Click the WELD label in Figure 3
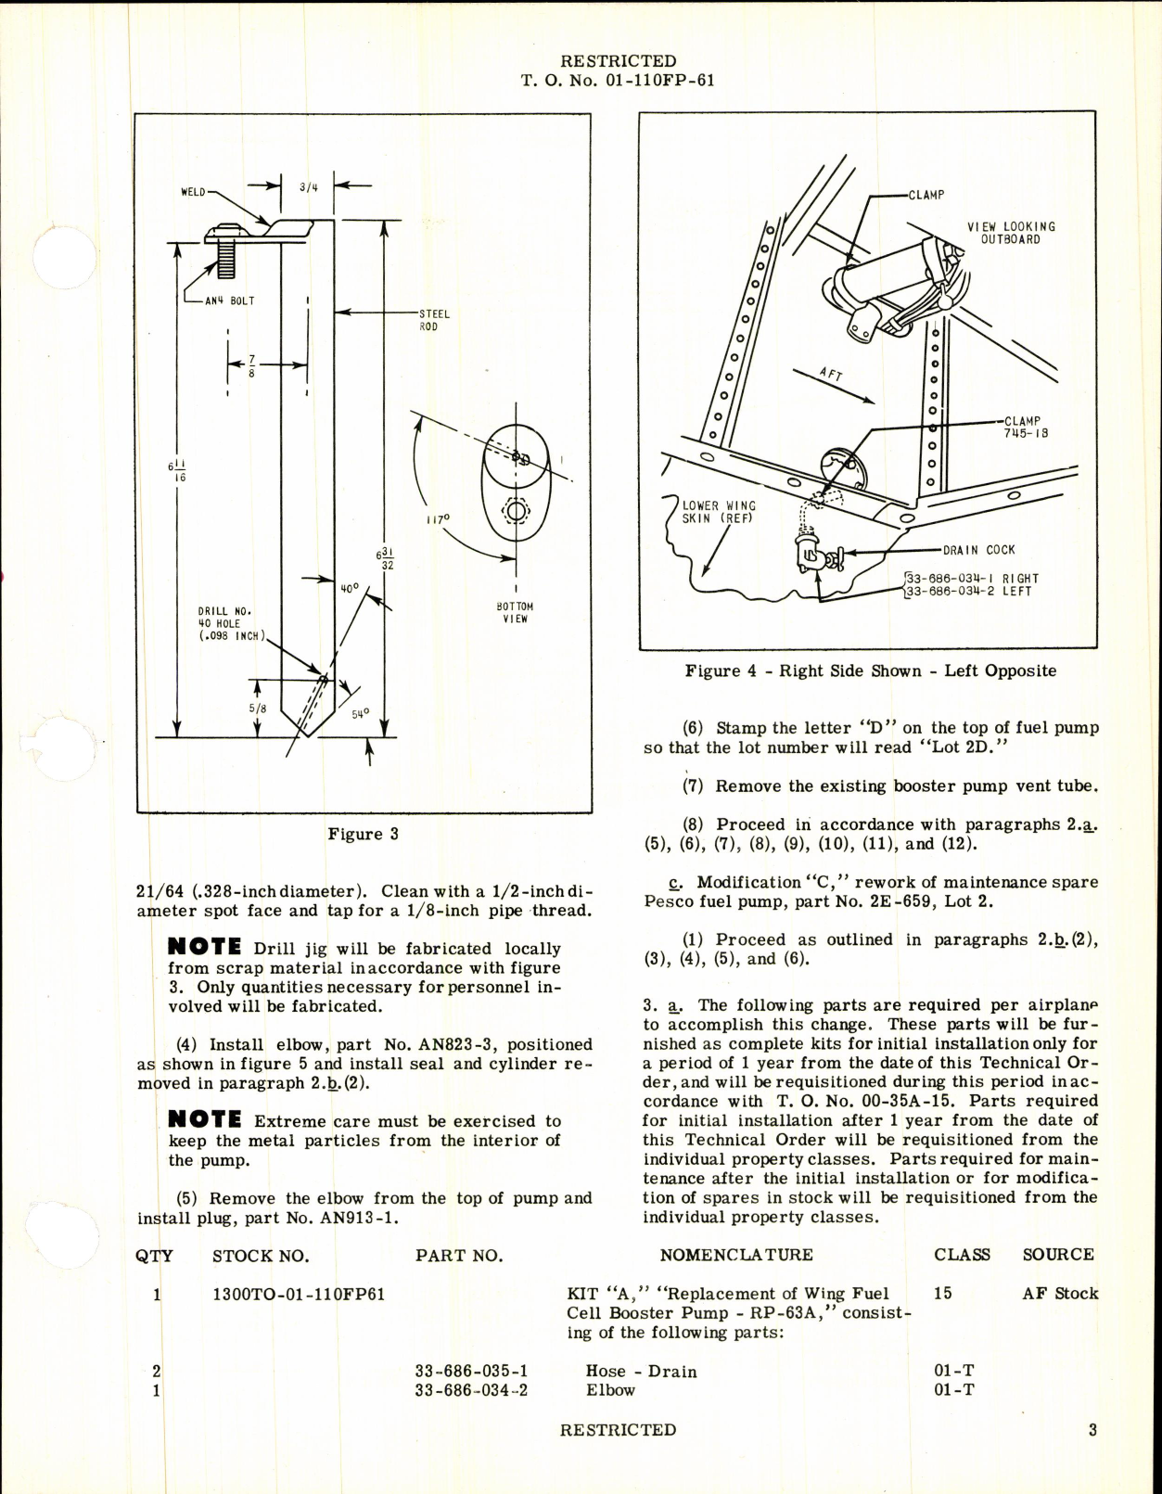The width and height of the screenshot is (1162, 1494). click(193, 192)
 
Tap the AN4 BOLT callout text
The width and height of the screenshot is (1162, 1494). click(229, 300)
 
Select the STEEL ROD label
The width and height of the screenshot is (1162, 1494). click(434, 320)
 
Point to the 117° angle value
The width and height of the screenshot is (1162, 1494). click(437, 520)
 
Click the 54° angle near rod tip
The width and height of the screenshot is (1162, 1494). click(360, 713)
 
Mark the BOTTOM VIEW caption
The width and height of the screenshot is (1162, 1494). click(516, 612)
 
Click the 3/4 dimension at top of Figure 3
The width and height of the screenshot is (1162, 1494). click(308, 186)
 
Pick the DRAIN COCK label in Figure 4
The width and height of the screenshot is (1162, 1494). click(978, 550)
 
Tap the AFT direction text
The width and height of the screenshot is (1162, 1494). click(830, 374)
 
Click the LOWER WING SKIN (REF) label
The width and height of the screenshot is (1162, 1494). click(718, 512)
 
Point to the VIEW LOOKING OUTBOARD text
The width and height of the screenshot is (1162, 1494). click(1010, 233)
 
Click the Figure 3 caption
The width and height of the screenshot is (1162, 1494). click(363, 834)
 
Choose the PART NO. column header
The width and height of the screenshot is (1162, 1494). click(458, 1256)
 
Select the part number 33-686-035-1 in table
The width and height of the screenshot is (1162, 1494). click(471, 1371)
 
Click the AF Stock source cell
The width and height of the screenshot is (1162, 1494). click(1060, 1294)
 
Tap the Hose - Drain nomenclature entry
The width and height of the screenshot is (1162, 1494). click(641, 1371)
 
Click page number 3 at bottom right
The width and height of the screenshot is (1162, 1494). click(1092, 1430)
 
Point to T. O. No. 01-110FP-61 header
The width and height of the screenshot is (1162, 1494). click(617, 81)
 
